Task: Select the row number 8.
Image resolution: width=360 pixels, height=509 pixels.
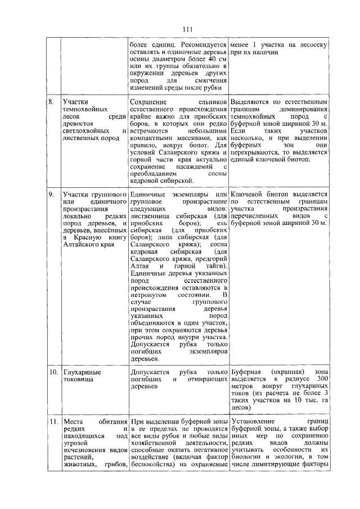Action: (51, 102)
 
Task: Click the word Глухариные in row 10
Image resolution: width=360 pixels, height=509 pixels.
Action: (82, 372)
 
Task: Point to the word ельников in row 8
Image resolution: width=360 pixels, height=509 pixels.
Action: (213, 102)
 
